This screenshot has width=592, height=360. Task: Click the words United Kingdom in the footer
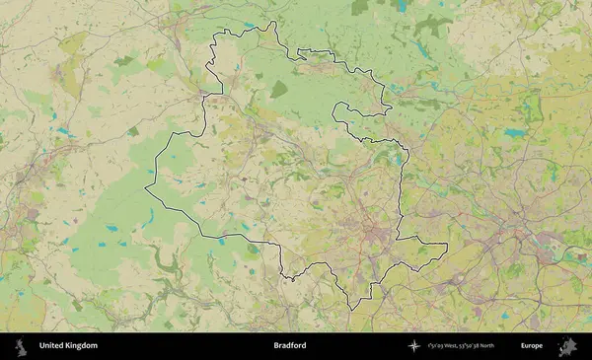68,345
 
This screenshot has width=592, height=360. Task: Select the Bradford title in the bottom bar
290,345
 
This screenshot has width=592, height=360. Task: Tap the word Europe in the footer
532,345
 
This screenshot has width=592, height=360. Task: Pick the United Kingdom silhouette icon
20,345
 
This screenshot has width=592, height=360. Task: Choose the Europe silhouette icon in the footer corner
567,345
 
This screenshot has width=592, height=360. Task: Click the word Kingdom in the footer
83,345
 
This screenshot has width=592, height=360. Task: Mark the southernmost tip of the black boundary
352,309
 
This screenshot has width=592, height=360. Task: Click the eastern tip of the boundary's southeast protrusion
447,246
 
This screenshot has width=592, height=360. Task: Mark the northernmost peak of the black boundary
274,23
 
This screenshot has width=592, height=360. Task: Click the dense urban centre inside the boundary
373,234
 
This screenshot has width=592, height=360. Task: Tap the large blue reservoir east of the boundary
514,131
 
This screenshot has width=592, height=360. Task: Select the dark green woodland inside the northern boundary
279,89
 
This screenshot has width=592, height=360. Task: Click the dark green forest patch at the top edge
360,7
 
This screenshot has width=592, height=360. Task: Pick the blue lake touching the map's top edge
401,5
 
